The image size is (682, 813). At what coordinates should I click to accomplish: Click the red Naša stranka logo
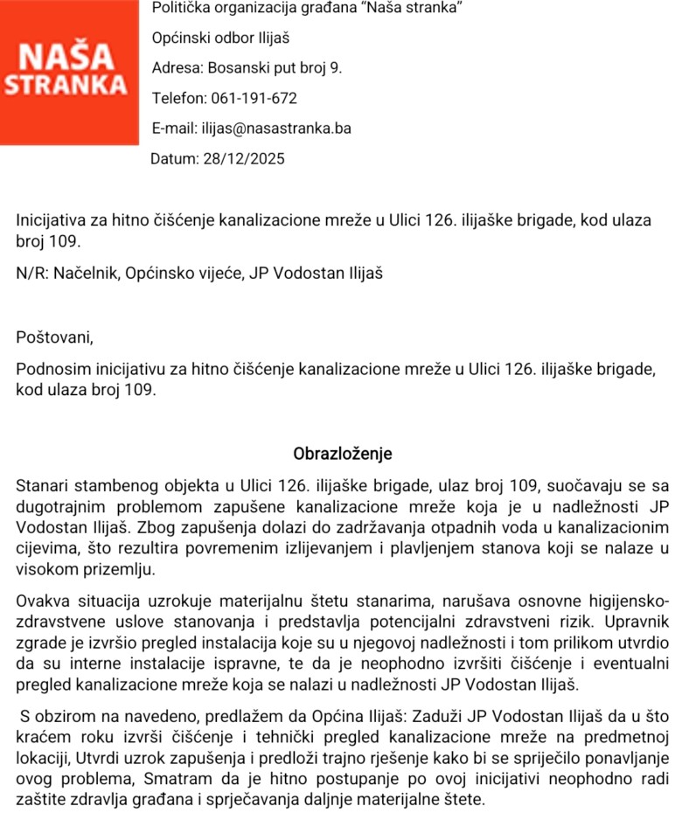coord(69,72)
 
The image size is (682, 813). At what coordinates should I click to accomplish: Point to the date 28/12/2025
coord(243,159)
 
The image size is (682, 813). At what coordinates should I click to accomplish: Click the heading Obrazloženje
coord(343,454)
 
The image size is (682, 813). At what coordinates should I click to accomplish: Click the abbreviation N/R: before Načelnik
coord(32,273)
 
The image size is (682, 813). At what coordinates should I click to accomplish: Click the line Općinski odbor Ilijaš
coord(220,38)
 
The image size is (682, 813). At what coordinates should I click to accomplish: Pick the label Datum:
coord(174,159)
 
